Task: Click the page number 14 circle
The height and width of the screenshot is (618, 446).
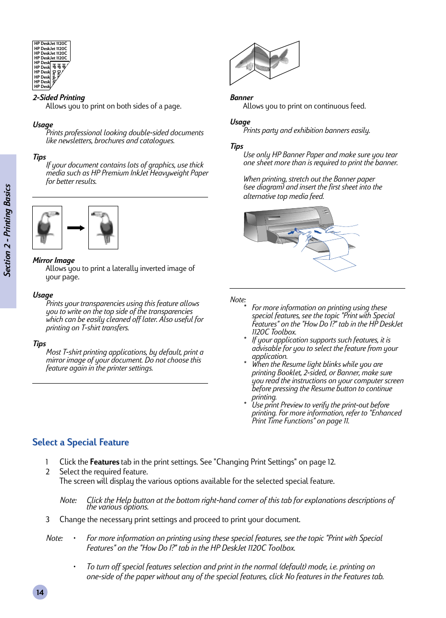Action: (40, 592)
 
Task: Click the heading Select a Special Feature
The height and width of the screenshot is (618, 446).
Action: (80, 442)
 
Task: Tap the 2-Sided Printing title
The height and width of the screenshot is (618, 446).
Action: (58, 97)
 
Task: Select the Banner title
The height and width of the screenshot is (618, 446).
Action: (241, 97)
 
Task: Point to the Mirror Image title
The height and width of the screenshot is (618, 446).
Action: (53, 260)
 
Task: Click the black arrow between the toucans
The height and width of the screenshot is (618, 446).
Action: (75, 228)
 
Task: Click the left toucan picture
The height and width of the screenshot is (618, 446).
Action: (47, 227)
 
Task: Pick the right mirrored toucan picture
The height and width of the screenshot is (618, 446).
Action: (103, 227)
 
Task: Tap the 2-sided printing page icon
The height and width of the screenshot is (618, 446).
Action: (51, 65)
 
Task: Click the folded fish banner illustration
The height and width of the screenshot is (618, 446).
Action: (264, 62)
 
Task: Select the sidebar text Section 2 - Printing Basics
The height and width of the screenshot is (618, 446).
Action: (7, 230)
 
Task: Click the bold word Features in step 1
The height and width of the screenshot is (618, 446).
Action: (104, 462)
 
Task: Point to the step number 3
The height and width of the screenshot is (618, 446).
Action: (48, 519)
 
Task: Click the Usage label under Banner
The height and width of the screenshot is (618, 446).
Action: (240, 122)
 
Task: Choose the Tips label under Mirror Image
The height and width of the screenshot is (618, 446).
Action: (39, 343)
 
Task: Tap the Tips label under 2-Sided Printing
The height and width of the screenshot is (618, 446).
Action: (39, 157)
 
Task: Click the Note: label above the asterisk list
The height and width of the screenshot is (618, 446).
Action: (237, 299)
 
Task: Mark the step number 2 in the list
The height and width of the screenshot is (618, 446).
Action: (48, 472)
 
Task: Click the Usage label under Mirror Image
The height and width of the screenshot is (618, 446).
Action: (43, 295)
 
